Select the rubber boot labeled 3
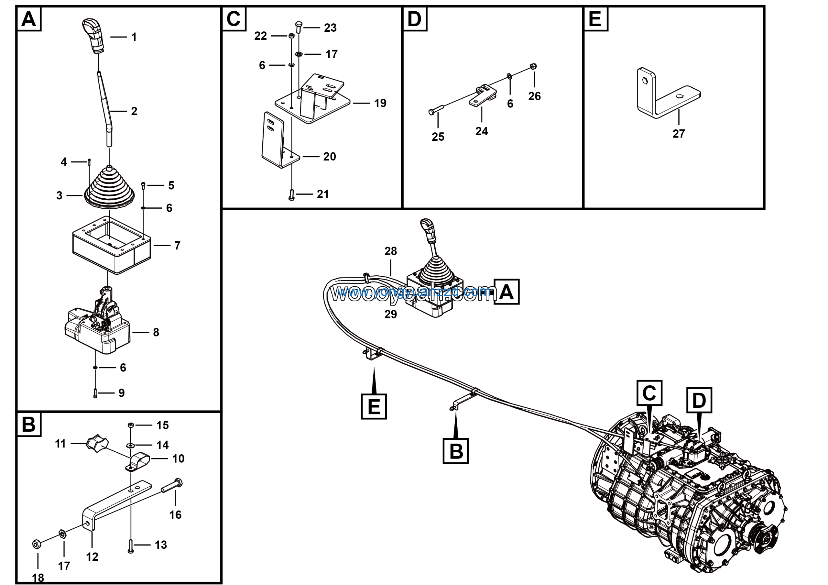point(109,189)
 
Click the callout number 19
point(380,104)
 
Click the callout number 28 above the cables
point(391,251)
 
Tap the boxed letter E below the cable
point(374,406)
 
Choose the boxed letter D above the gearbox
point(699,400)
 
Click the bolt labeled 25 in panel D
point(436,110)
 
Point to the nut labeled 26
point(534,66)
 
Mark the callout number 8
point(156,332)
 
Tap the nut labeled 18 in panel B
point(36,544)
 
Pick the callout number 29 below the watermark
point(391,314)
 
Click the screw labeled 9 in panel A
point(95,393)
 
